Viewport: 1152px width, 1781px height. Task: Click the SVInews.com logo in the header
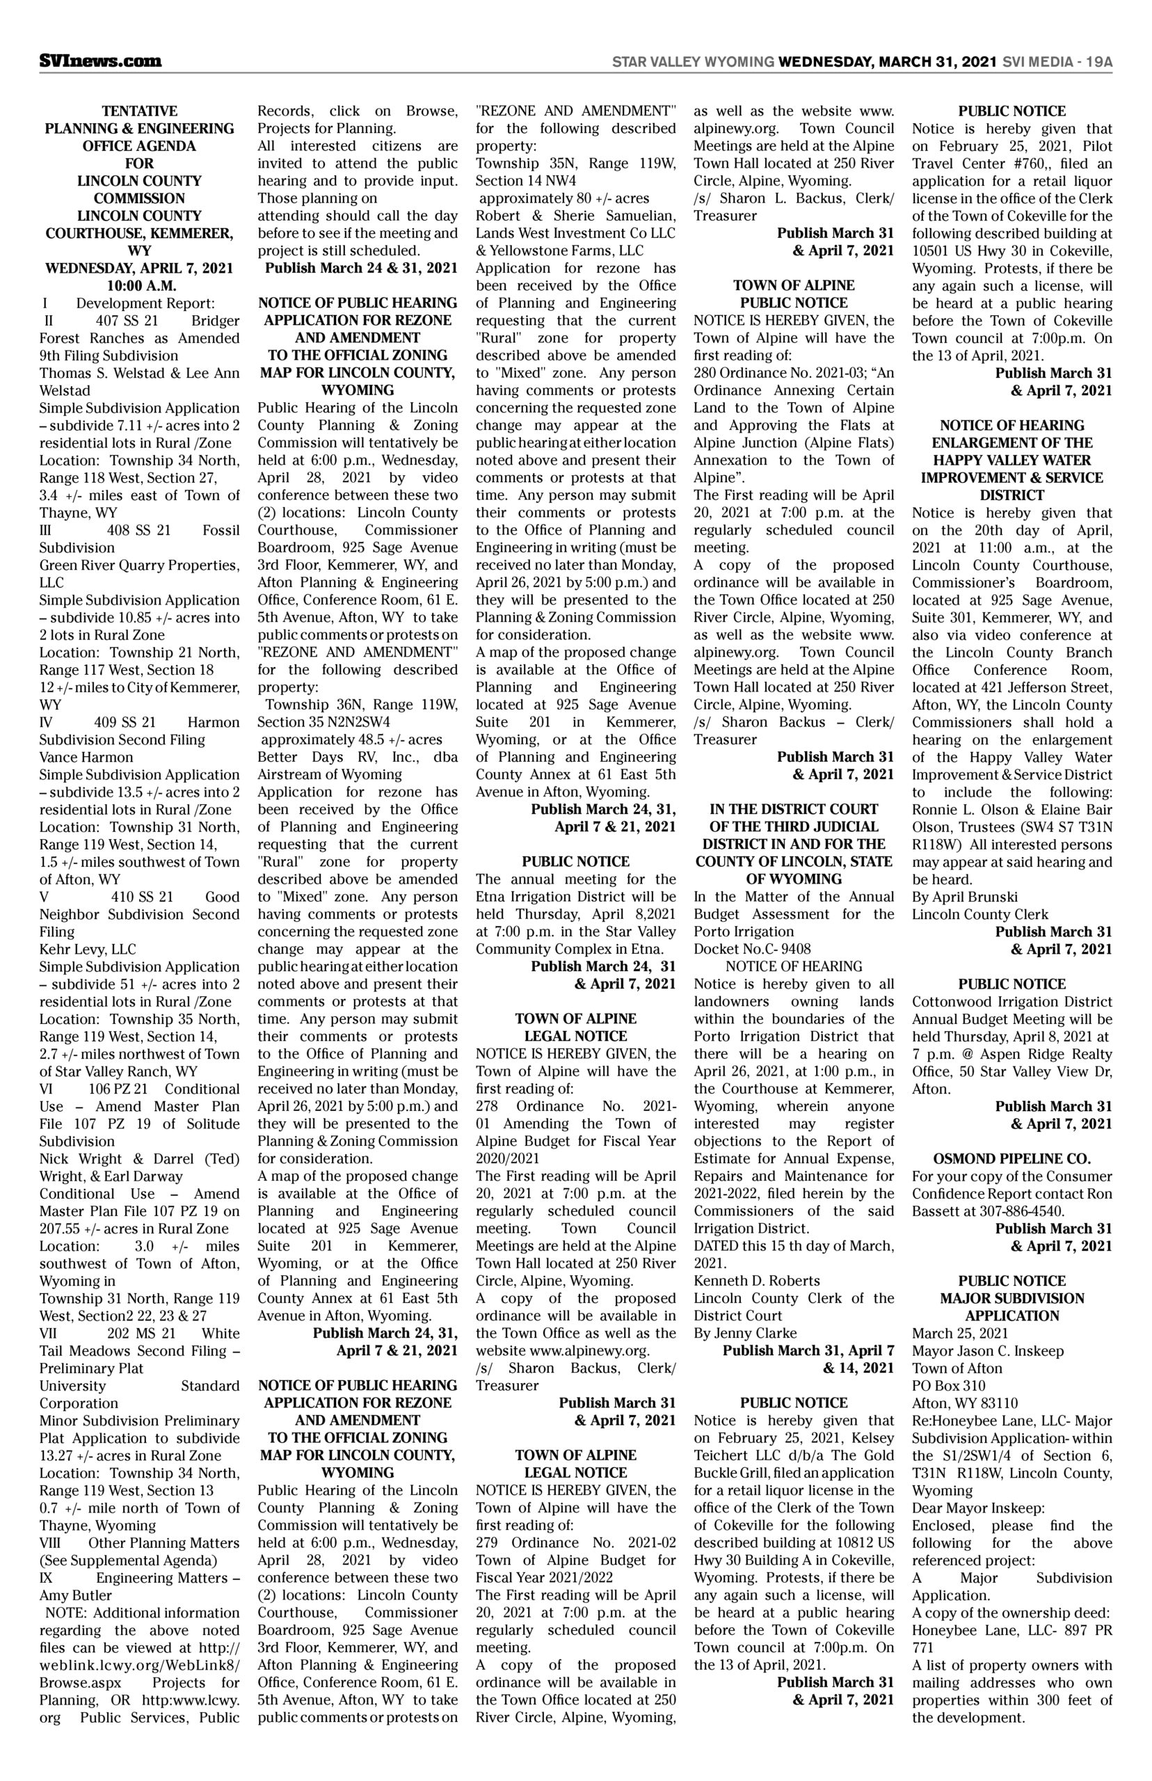click(100, 61)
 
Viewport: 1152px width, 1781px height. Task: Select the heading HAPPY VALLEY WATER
click(1011, 460)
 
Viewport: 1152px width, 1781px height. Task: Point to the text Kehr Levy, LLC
click(88, 949)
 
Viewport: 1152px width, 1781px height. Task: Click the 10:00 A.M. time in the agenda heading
click(139, 286)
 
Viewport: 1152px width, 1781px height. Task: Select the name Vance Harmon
click(86, 757)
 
